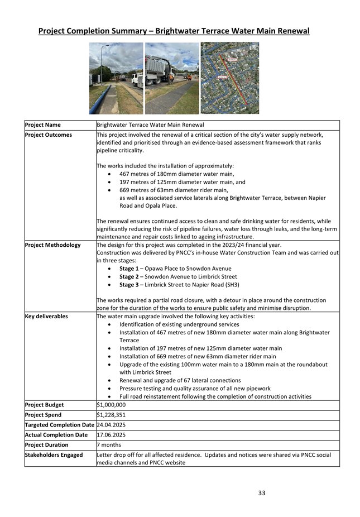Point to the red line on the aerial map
pyautogui.click(x=237, y=84)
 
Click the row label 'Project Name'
pyautogui.click(x=43, y=125)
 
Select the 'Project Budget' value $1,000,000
pyautogui.click(x=111, y=405)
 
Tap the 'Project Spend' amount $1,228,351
pyautogui.click(x=111, y=415)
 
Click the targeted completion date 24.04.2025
pyautogui.click(x=111, y=425)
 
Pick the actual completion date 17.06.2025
pyautogui.click(x=111, y=435)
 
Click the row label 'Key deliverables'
pyautogui.click(x=46, y=317)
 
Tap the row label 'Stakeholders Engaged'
pyautogui.click(x=54, y=455)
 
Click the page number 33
pyautogui.click(x=262, y=492)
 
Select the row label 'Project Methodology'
pyautogui.click(x=52, y=245)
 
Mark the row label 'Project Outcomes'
pyautogui.click(x=49, y=135)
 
